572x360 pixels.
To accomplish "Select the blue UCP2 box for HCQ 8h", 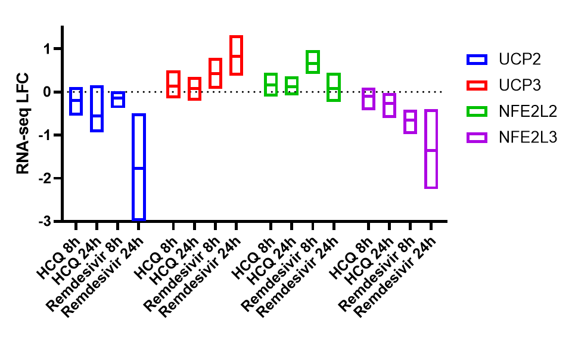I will [76, 101].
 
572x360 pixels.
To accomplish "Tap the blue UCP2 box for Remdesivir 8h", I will [117, 99].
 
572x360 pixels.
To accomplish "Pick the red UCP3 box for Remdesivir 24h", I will [236, 55].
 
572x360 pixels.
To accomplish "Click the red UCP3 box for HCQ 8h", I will [173, 84].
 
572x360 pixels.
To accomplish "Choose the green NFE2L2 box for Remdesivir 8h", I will [313, 62].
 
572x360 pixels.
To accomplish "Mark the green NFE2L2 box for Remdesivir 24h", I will [334, 87].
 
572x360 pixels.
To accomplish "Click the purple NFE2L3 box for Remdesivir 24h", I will [431, 149].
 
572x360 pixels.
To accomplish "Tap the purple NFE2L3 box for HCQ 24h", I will [389, 105].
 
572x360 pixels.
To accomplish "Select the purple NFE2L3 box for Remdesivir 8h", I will [409, 122].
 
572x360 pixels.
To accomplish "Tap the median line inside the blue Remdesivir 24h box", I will [138, 168].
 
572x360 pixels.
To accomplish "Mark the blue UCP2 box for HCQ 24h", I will [97, 108].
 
